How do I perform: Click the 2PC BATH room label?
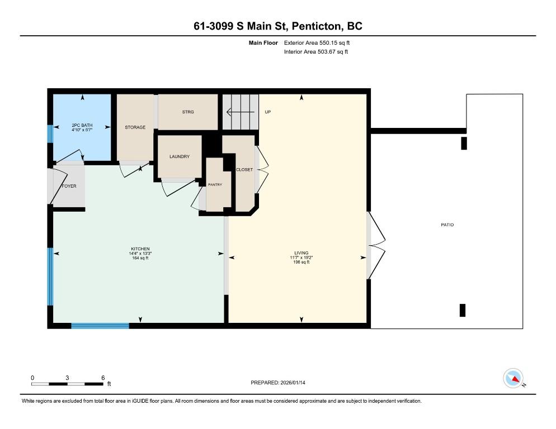pyautogui.click(x=82, y=125)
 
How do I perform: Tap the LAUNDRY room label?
pyautogui.click(x=180, y=156)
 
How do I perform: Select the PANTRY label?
pyautogui.click(x=215, y=184)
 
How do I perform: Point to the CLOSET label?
pyautogui.click(x=244, y=170)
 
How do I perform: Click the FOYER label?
pyautogui.click(x=69, y=186)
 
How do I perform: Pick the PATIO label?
pyautogui.click(x=447, y=225)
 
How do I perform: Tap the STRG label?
pyautogui.click(x=188, y=112)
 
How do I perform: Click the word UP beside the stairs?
pyautogui.click(x=268, y=112)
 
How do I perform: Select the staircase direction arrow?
pyautogui.click(x=241, y=112)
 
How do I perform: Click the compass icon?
pyautogui.click(x=513, y=378)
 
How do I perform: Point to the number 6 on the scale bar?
pyautogui.click(x=103, y=378)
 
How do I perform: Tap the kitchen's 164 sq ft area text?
pyautogui.click(x=140, y=258)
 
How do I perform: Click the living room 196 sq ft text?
pyautogui.click(x=301, y=263)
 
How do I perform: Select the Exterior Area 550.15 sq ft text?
pyautogui.click(x=317, y=43)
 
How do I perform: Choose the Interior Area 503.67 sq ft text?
pyautogui.click(x=316, y=52)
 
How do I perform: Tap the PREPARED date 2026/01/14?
pyautogui.click(x=293, y=383)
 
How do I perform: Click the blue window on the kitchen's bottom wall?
pyautogui.click(x=100, y=326)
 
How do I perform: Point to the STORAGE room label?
pyautogui.click(x=135, y=127)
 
